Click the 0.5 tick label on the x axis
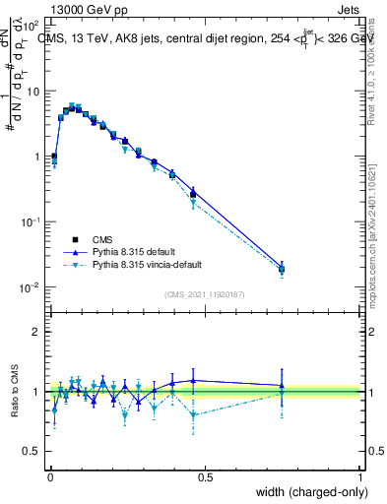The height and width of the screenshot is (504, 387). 205,476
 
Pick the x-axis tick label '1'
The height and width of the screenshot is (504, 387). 360,476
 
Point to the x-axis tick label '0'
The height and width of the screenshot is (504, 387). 49,476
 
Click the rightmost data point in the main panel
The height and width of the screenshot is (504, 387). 282,268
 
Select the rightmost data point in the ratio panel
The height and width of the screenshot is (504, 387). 282,387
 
